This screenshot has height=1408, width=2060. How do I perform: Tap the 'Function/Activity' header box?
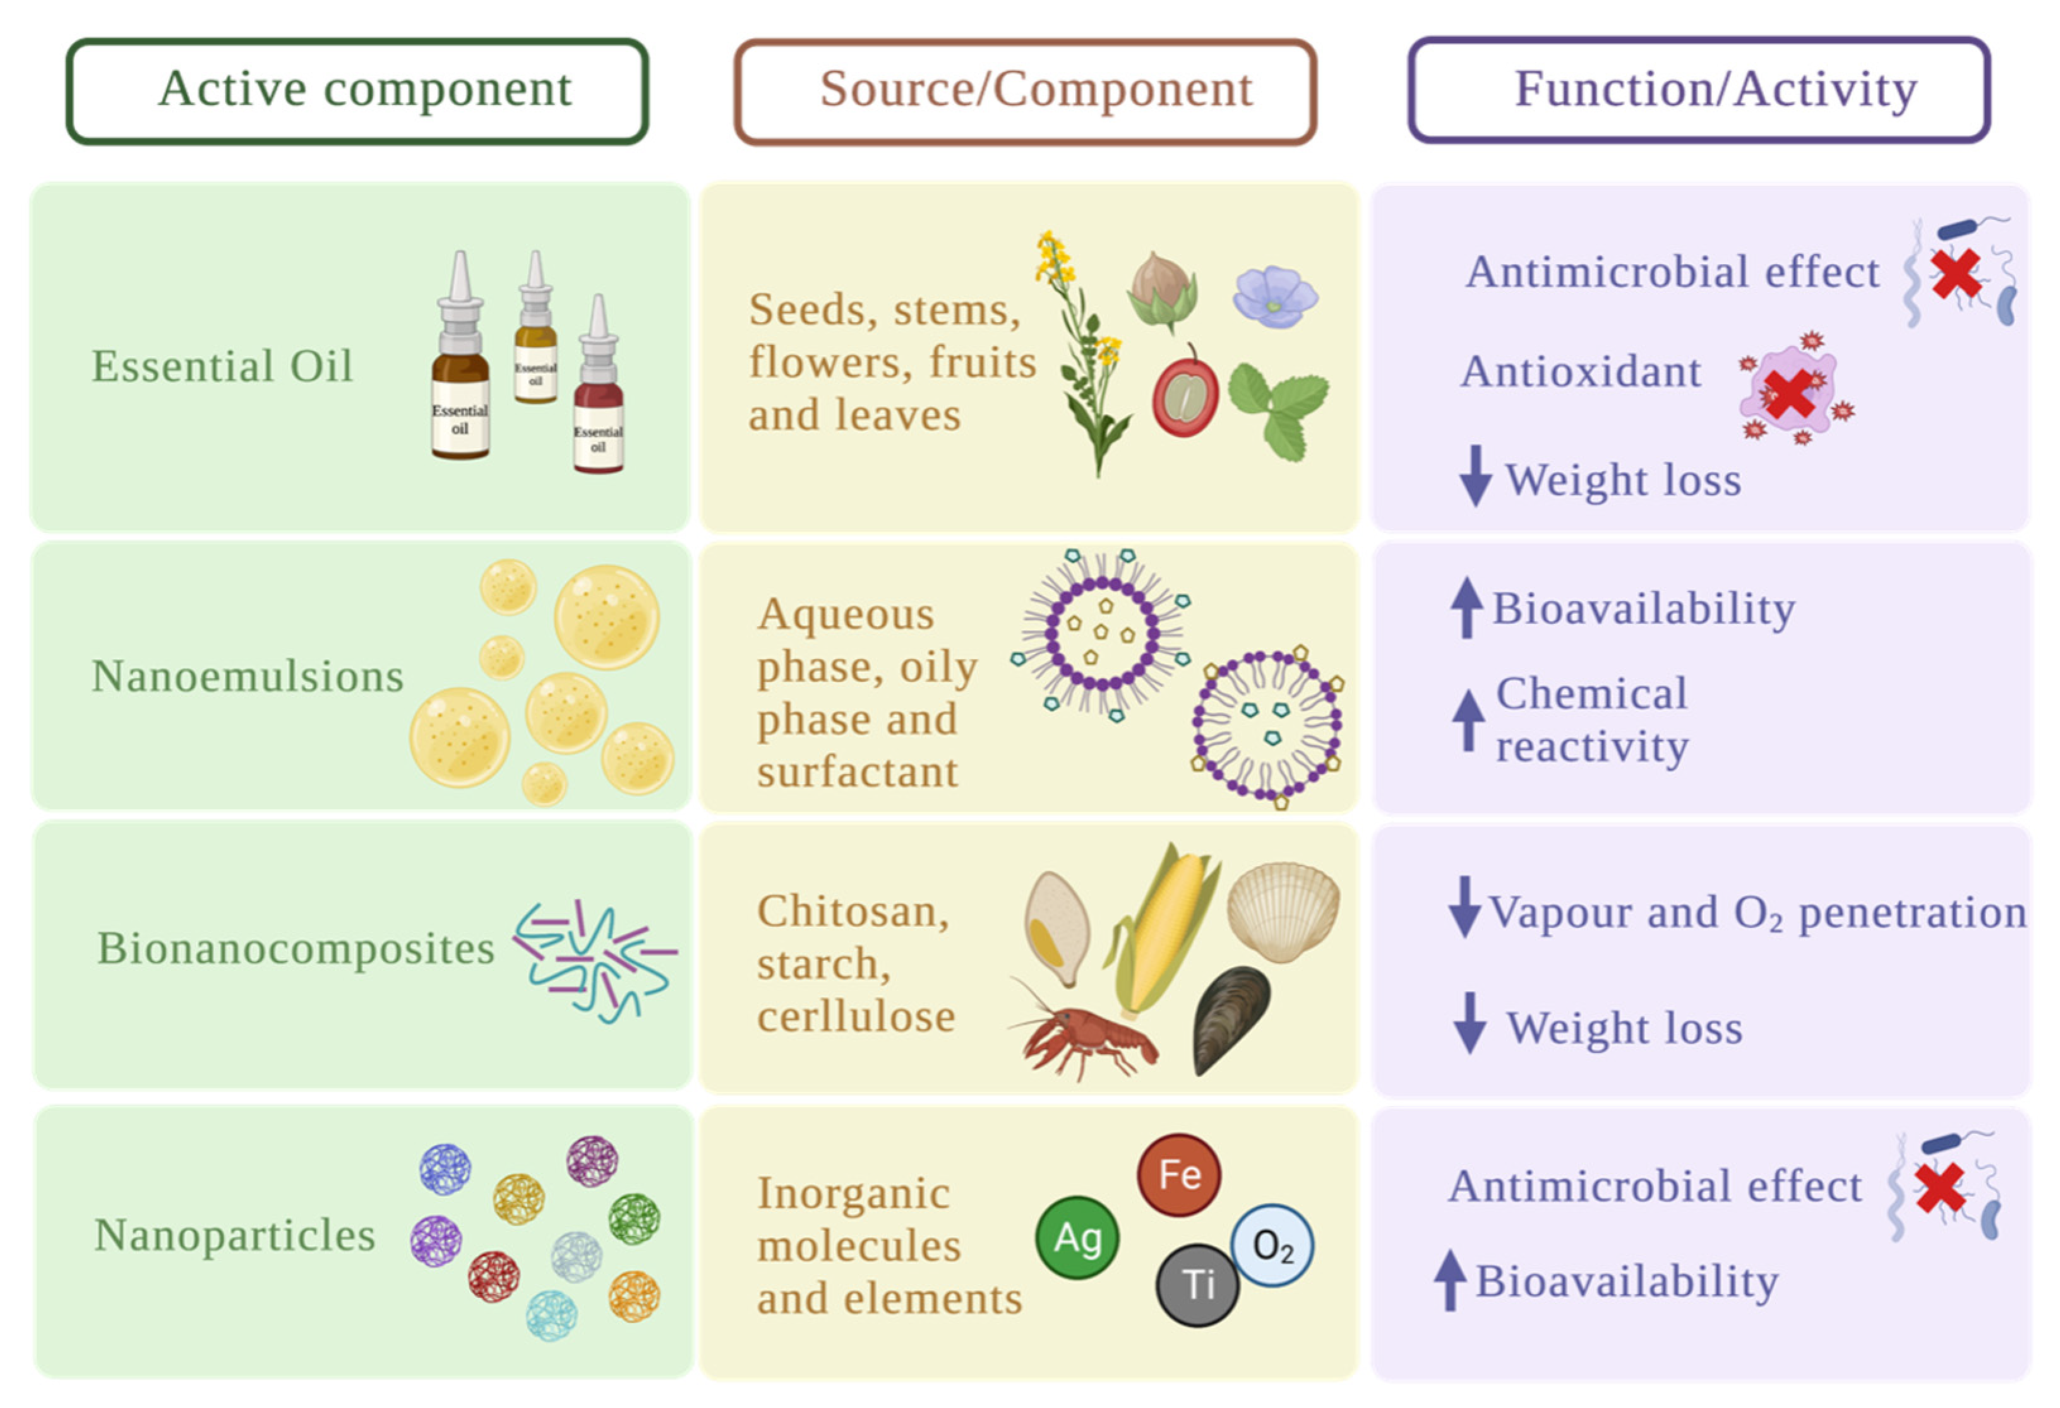(x=1699, y=90)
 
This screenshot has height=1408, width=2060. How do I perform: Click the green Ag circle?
(x=1077, y=1238)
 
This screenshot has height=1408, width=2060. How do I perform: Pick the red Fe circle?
(x=1179, y=1175)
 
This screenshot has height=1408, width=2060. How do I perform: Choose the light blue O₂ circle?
(x=1272, y=1245)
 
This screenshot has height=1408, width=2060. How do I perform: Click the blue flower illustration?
(x=1274, y=297)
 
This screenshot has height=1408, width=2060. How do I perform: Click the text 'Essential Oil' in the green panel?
(x=222, y=366)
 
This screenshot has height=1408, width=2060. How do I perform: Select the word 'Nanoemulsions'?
(x=248, y=676)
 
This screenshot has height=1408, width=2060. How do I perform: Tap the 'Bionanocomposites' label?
(x=295, y=948)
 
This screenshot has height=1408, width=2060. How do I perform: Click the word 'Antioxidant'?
(x=1581, y=371)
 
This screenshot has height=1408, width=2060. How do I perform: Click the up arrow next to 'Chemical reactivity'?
(x=1468, y=719)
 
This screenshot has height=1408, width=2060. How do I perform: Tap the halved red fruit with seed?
(x=1185, y=397)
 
